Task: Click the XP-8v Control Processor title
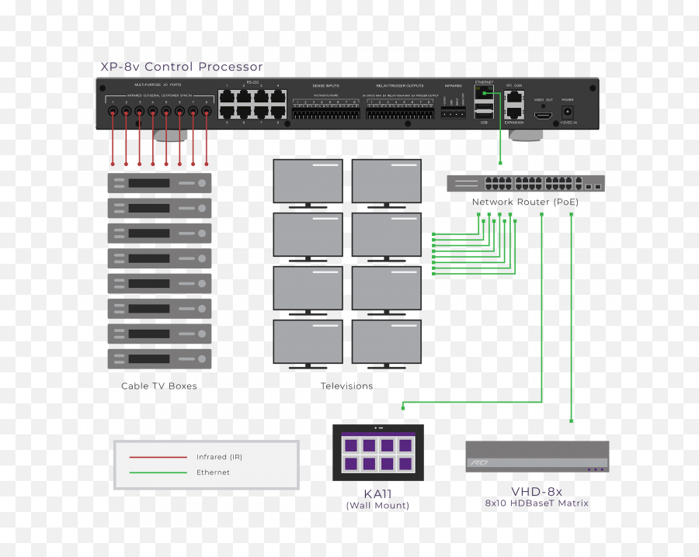coord(182,67)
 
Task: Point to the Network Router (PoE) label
coord(525,202)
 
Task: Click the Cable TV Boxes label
coord(159,386)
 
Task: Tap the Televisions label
coord(346,386)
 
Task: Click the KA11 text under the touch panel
coord(377,493)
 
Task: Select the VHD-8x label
coord(536,491)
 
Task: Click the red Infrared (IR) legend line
coord(158,457)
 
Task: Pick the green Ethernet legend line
coord(158,472)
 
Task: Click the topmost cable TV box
coord(159,183)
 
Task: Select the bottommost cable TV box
coord(159,358)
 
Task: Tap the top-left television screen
coord(308,182)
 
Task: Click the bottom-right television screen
coord(386,341)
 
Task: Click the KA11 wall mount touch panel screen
coord(377,452)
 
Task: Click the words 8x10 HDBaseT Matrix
coord(537,503)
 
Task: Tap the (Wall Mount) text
coord(377,506)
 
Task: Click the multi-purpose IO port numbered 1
coord(113,112)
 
